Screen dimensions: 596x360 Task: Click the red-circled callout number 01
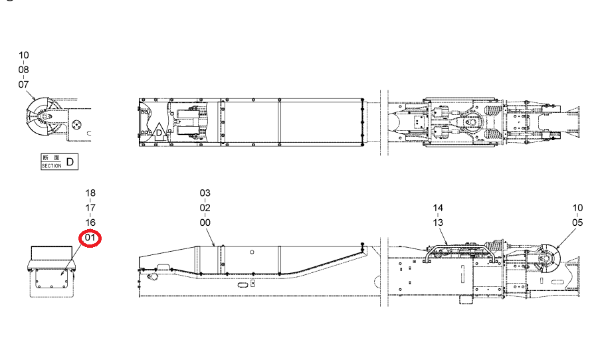tap(90, 238)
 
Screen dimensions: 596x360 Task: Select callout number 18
tap(90, 193)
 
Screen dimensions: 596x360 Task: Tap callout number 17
tap(90, 208)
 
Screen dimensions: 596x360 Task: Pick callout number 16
tap(90, 223)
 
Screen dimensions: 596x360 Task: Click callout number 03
tap(205, 193)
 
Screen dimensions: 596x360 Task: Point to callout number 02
tap(205, 208)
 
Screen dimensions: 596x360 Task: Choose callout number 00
tap(205, 223)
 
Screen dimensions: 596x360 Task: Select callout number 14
tap(438, 208)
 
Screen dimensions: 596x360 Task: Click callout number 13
tap(438, 223)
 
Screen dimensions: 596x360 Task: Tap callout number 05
tap(577, 223)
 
